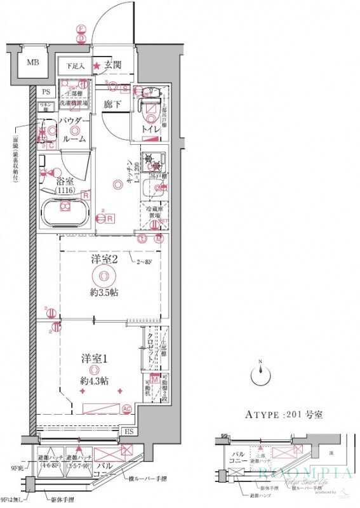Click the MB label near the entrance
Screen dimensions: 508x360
coord(30,63)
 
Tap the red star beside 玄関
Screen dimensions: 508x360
coord(97,65)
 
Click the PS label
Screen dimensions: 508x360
coord(46,91)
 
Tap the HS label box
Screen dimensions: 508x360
coord(129,432)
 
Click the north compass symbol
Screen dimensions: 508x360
coord(260,375)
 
